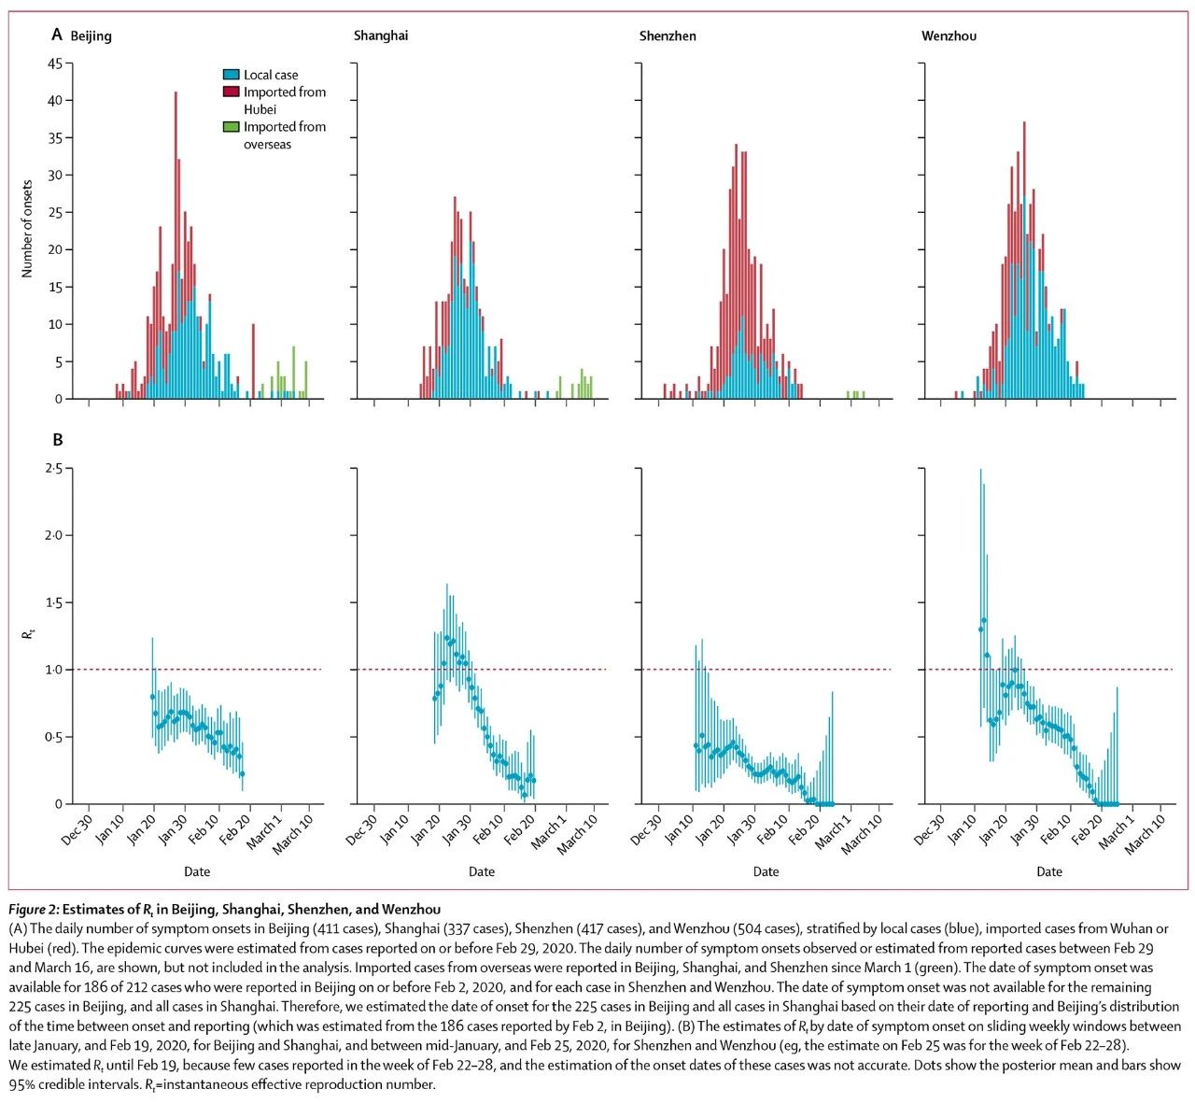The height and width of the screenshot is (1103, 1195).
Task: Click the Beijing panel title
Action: click(x=91, y=36)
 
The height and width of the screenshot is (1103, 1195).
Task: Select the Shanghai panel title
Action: click(x=380, y=36)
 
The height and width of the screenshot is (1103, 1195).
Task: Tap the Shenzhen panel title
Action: click(x=668, y=36)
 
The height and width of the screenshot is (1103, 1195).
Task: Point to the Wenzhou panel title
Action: click(x=949, y=36)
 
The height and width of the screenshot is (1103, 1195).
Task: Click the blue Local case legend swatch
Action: click(x=231, y=75)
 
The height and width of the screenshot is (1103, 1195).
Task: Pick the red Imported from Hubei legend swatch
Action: click(x=231, y=92)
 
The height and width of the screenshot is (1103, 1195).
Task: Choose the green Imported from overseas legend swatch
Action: click(x=231, y=127)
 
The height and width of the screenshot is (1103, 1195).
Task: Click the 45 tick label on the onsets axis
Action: click(x=55, y=64)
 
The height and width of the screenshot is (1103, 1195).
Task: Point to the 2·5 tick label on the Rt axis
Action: click(x=54, y=469)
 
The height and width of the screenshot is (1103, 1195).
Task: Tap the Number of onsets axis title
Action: click(x=27, y=229)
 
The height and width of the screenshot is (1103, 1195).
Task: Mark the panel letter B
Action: click(x=57, y=440)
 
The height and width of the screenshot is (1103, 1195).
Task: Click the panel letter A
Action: click(x=57, y=35)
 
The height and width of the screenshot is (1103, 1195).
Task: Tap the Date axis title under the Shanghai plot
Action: click(x=482, y=871)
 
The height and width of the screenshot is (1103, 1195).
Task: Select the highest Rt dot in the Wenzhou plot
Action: click(x=984, y=621)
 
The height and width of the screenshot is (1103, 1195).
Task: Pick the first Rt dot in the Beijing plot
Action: click(x=152, y=697)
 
